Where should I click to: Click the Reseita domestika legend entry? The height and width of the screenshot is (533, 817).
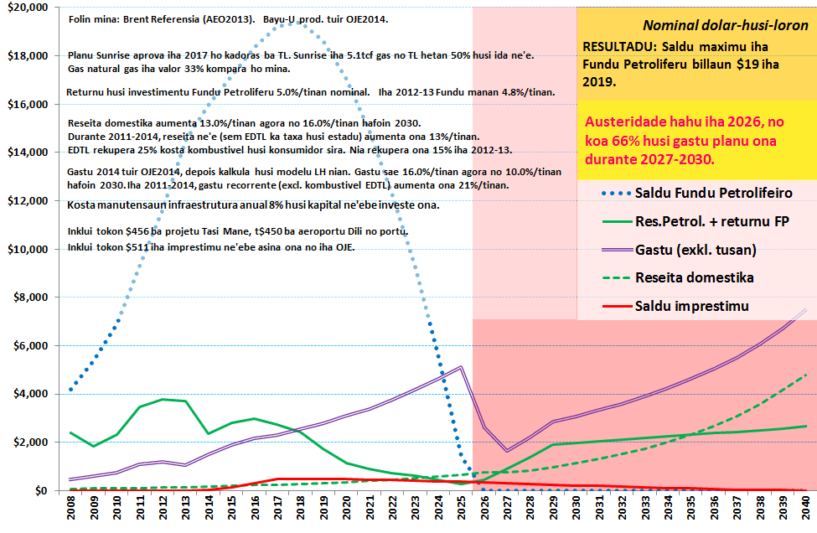pyautogui.click(x=694, y=277)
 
